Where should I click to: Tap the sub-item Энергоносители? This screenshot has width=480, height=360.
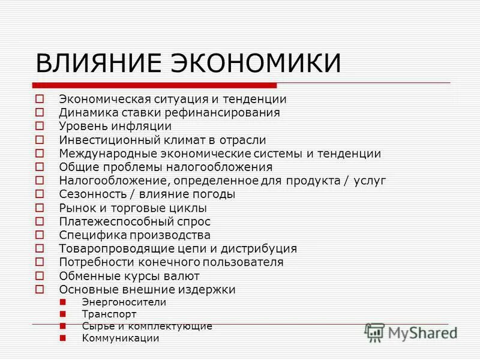pyautogui.click(x=124, y=302)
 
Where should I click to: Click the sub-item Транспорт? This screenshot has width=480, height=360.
pyautogui.click(x=109, y=314)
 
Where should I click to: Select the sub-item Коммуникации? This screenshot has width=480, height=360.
pyautogui.click(x=121, y=338)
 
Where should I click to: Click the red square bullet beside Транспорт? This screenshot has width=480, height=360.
pyautogui.click(x=63, y=314)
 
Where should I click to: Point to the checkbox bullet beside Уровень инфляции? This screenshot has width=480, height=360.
pyautogui.click(x=40, y=126)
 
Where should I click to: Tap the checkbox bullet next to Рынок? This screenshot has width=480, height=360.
pyautogui.click(x=40, y=208)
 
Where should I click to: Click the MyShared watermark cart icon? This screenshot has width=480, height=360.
pyautogui.click(x=375, y=332)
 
